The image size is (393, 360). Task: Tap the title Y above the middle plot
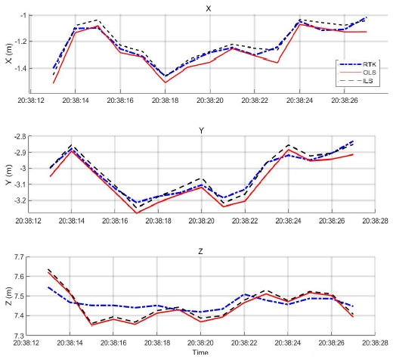pos(201,130)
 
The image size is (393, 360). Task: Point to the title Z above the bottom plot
pos(201,250)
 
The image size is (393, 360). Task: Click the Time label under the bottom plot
pos(200,352)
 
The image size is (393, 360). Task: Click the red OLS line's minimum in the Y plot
pos(137,213)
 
